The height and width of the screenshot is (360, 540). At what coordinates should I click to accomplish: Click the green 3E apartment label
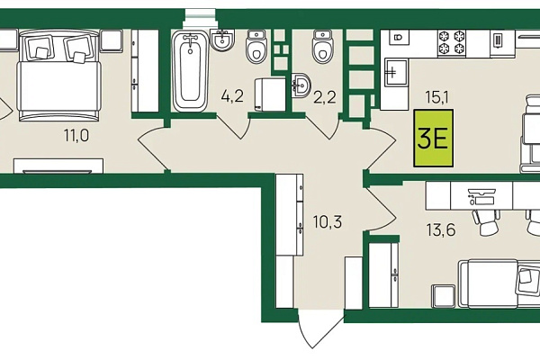point(434,138)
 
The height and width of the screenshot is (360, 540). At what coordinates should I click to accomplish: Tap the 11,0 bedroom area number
point(76,135)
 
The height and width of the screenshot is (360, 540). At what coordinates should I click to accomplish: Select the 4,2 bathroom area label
point(232,96)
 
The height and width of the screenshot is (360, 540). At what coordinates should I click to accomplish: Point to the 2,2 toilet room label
point(324,97)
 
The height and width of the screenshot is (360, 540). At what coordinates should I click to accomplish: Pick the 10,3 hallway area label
point(328,222)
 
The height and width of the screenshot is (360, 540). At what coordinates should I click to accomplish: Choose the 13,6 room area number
point(441,229)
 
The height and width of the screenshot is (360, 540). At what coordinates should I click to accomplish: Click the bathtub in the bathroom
point(190,70)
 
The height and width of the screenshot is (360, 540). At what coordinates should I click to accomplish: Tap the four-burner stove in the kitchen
point(452,42)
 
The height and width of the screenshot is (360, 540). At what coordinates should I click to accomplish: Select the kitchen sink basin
point(396,72)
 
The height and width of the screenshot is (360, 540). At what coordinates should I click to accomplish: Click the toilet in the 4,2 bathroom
point(256,46)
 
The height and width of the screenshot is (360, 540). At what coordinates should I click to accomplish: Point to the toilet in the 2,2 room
point(323,46)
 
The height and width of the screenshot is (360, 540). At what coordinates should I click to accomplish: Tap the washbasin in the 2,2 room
point(301,85)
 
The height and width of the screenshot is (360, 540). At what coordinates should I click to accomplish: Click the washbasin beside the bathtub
point(222,40)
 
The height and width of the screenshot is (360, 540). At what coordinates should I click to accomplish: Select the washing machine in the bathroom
point(270,94)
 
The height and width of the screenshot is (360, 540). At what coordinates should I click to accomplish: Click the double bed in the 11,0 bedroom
point(60,76)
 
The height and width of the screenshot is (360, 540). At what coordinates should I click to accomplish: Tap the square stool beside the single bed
point(443,296)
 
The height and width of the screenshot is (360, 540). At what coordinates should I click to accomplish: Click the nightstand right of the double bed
point(112,40)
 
